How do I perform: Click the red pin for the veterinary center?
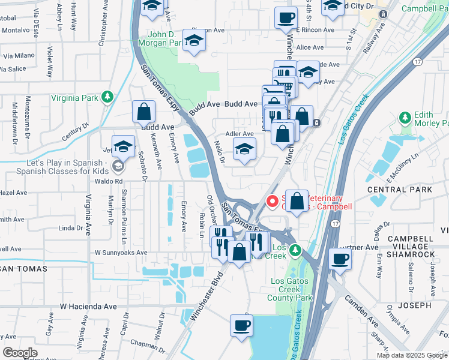271,202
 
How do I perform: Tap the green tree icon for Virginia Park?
107,97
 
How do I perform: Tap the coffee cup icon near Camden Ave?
340,259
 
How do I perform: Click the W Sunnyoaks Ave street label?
121,253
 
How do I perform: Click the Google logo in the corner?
20,353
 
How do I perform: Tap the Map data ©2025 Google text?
411,355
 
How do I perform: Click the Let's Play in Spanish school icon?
119,166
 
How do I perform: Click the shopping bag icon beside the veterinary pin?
297,202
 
